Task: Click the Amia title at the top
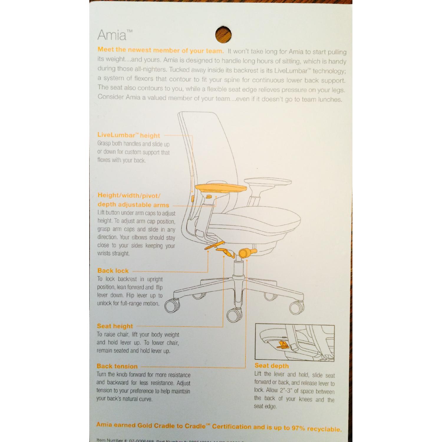click(x=112, y=35)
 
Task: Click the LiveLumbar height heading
click(x=128, y=135)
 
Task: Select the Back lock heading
click(x=113, y=271)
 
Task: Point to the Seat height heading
click(x=115, y=326)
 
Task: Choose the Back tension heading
click(x=117, y=366)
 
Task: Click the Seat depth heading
click(x=271, y=366)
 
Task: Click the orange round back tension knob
click(x=246, y=253)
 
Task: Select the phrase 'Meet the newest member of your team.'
click(x=161, y=50)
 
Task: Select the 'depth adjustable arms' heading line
click(x=133, y=204)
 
